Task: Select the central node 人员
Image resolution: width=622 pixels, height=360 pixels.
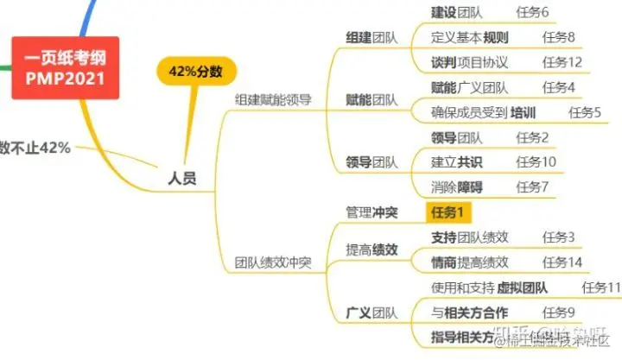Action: pos(181,180)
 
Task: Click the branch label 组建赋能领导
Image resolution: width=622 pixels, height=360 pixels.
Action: pos(273,100)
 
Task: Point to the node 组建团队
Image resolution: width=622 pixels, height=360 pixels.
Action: pos(371,38)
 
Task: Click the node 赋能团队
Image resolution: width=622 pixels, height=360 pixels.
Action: pos(371,100)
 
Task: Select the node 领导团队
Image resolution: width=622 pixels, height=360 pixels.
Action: pos(371,162)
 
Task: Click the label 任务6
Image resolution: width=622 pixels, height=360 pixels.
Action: pos(532,13)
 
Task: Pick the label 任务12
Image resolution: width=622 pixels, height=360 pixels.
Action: pos(562,62)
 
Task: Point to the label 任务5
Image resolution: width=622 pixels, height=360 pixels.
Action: pos(586,112)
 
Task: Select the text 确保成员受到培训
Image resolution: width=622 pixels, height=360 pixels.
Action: pos(484,112)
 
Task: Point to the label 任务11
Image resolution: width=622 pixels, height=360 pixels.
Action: pos(602,287)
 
